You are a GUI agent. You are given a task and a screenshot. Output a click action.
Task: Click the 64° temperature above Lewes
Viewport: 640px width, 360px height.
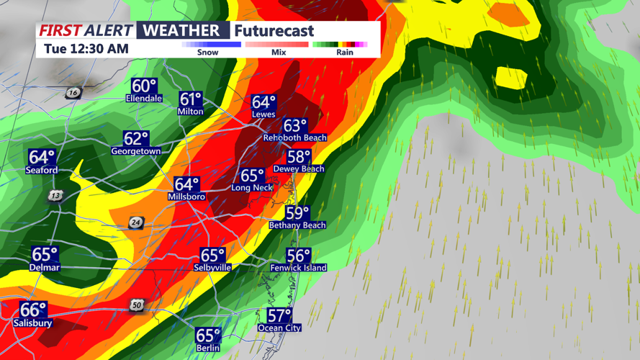[x=263, y=103]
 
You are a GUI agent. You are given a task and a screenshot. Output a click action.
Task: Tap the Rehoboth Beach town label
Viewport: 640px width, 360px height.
[x=294, y=138]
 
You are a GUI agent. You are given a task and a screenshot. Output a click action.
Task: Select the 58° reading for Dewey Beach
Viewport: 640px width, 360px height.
[x=299, y=157]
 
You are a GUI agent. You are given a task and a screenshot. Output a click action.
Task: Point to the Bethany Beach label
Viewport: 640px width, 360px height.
[x=297, y=225]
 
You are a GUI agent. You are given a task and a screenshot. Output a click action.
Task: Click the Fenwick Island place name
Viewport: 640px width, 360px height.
[x=298, y=268]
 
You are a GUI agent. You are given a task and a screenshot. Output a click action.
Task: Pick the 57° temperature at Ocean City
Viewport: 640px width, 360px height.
[x=279, y=316]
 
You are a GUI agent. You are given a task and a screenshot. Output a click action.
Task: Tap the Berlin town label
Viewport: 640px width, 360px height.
[x=208, y=348]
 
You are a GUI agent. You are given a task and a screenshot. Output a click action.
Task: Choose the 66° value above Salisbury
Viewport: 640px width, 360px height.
[x=33, y=310]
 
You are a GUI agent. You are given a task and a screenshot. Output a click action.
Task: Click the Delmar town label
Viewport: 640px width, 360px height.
[x=45, y=268]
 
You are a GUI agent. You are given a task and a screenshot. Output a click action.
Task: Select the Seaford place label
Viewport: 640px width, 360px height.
[x=42, y=171]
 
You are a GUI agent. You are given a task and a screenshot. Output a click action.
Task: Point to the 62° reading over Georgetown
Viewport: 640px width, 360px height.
[x=136, y=139]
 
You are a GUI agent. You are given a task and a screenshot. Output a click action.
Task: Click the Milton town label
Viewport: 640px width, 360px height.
[x=191, y=112]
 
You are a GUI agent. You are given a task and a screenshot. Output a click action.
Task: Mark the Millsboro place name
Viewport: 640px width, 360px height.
[x=186, y=197]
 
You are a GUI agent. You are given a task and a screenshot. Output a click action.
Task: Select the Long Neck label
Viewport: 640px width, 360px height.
[x=252, y=188]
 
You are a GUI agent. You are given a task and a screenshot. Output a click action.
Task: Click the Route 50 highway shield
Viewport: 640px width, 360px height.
[x=137, y=305]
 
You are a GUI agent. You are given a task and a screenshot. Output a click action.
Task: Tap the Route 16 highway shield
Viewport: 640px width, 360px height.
[x=73, y=93]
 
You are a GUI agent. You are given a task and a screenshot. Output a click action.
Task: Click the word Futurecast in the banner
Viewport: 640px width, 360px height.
[x=274, y=31]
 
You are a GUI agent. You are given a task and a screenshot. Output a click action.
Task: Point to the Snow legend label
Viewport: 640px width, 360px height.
[x=207, y=53]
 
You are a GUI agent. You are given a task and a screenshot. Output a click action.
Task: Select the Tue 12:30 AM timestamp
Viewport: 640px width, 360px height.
[x=86, y=49]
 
